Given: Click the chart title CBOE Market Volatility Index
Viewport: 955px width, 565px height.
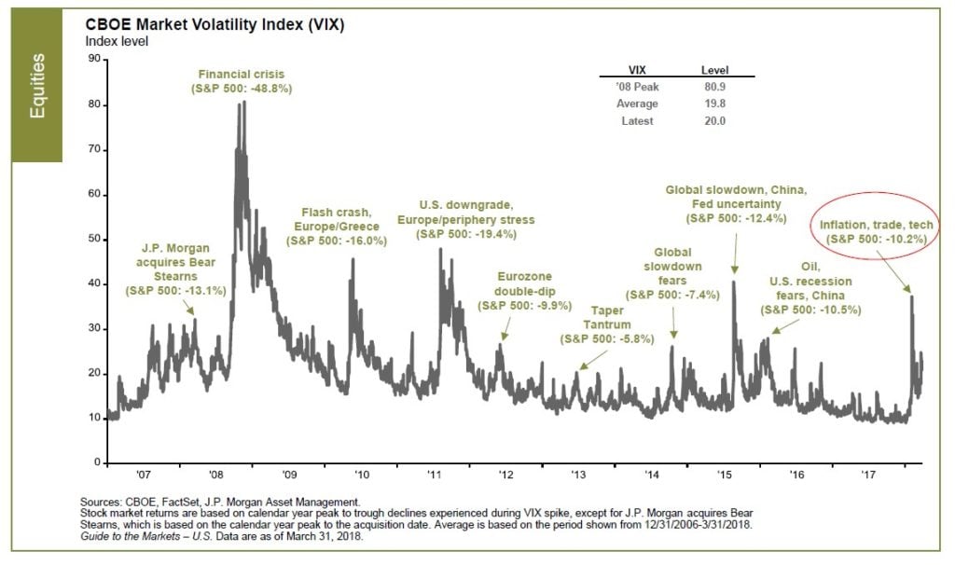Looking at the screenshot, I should click(211, 25).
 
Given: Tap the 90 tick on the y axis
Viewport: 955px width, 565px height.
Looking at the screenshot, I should click(93, 59).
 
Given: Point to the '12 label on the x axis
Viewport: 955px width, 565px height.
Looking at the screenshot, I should click(505, 475).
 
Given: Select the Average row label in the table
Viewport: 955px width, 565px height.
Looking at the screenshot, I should click(639, 103).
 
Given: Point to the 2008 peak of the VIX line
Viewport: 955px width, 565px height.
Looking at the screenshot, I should click(242, 103).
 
